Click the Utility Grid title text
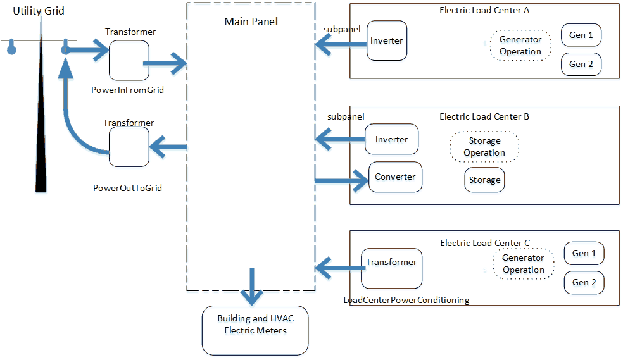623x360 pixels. (x=39, y=11)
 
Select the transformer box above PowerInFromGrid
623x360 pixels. (x=129, y=61)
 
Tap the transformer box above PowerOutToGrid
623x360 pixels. (x=129, y=147)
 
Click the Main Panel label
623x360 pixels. (x=251, y=22)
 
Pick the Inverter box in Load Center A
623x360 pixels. (x=386, y=40)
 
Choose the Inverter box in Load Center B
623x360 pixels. (x=391, y=139)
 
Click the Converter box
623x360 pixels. (x=395, y=177)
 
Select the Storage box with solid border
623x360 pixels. (x=484, y=180)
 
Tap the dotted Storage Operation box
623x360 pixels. (x=484, y=147)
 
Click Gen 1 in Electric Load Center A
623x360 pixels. (x=581, y=35)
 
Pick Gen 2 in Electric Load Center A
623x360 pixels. (x=581, y=64)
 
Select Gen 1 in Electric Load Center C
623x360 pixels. (x=584, y=254)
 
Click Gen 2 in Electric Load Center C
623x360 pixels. (x=584, y=282)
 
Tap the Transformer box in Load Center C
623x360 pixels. (x=391, y=268)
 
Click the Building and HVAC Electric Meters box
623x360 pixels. (x=255, y=330)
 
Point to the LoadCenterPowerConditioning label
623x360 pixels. (x=406, y=300)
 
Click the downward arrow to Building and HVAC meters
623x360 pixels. (x=252, y=285)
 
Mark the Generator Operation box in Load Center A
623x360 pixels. (x=520, y=46)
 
